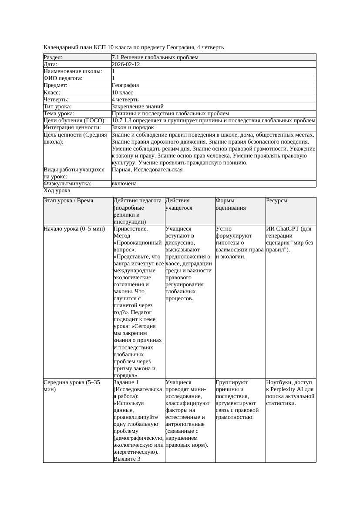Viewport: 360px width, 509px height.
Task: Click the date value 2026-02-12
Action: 126,64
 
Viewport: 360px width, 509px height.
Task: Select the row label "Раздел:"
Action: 53,57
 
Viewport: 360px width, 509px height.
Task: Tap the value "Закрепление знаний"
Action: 138,107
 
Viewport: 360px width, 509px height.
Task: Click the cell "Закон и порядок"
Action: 133,127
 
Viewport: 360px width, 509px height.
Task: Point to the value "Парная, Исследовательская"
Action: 147,170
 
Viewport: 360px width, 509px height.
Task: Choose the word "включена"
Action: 124,184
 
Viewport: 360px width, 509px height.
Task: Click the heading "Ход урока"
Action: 57,191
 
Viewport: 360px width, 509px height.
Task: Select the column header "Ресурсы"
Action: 277,201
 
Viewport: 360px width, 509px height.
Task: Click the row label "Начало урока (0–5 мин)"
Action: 74,229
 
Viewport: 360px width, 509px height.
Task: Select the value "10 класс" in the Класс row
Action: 122,93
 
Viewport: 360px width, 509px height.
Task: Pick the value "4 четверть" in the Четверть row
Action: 125,100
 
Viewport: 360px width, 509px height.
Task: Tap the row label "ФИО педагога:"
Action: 63,78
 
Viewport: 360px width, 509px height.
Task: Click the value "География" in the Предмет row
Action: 125,85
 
